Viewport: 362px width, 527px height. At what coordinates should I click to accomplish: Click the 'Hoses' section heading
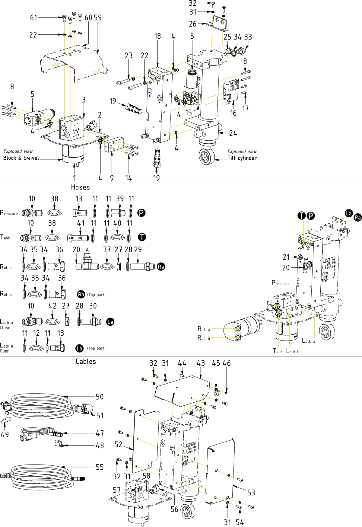80,187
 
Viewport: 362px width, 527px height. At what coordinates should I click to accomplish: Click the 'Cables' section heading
86,362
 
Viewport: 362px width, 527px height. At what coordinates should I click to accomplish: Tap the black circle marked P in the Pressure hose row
141,213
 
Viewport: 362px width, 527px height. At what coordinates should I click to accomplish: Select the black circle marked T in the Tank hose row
142,237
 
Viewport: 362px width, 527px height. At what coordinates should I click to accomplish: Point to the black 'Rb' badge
81,294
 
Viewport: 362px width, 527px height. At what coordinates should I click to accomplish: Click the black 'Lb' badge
79,348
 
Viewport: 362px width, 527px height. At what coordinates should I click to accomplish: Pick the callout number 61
33,18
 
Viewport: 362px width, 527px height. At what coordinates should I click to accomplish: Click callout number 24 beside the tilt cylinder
233,133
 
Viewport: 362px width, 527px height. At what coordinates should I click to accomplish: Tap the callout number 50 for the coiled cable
100,397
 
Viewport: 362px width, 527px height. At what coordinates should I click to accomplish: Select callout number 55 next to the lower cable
100,467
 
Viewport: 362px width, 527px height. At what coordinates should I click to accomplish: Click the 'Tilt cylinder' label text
242,158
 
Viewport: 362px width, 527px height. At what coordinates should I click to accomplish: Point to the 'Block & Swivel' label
21,158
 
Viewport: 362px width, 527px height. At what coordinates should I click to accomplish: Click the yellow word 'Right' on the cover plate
57,64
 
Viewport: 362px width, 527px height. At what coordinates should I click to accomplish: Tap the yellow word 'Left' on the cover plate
97,72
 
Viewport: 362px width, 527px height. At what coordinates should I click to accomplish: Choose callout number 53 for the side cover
251,493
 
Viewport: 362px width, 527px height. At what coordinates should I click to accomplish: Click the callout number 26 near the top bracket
192,24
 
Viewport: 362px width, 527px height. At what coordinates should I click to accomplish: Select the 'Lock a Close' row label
6,324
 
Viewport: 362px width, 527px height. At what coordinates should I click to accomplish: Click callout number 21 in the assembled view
286,257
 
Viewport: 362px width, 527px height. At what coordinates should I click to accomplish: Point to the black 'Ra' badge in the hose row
161,267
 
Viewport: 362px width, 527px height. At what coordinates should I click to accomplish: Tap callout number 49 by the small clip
5,434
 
